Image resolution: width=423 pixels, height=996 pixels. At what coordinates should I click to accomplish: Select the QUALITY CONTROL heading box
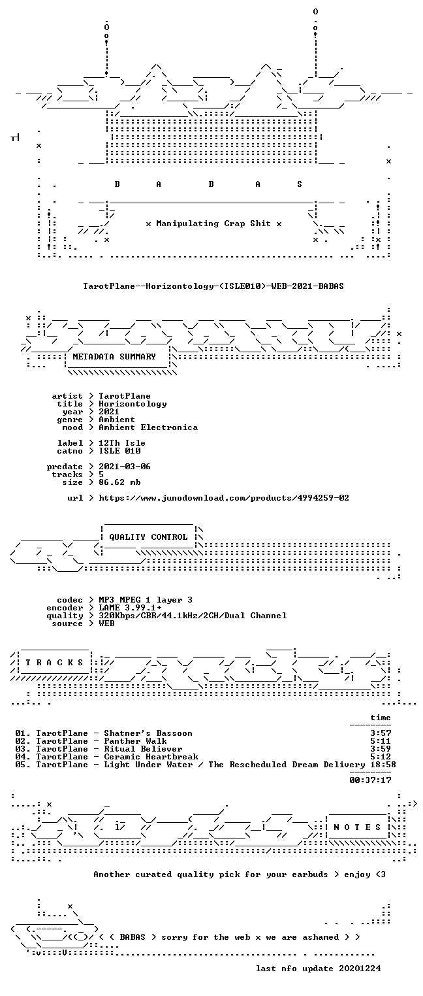click(x=148, y=537)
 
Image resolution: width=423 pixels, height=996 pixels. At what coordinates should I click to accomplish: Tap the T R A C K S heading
click(x=54, y=663)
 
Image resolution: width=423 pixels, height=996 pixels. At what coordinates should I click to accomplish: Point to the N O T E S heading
click(x=357, y=827)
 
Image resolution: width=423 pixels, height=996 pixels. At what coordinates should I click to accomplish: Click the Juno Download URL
click(x=223, y=498)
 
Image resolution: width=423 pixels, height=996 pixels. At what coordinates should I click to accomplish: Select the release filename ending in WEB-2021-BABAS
click(x=213, y=286)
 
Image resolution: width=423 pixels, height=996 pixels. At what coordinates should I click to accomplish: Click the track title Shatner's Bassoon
click(x=148, y=733)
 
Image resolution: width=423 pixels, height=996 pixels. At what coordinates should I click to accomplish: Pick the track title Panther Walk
click(x=135, y=741)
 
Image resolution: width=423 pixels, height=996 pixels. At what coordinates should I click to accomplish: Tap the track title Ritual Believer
click(x=143, y=749)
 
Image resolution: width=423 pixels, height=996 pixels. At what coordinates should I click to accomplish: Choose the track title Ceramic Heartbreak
click(x=151, y=757)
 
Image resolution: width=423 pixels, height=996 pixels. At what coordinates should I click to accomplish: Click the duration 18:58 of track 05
click(x=383, y=765)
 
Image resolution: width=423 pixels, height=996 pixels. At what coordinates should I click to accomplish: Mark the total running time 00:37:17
click(x=370, y=780)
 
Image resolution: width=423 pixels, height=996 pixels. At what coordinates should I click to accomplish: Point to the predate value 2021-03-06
click(x=125, y=467)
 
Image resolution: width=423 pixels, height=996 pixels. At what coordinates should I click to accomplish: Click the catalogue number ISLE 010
click(x=119, y=451)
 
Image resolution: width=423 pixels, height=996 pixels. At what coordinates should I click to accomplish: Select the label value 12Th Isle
click(x=122, y=443)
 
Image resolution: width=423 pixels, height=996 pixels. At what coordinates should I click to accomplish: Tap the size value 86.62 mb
click(x=119, y=482)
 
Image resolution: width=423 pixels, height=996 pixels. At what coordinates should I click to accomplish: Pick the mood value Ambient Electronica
click(x=148, y=427)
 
